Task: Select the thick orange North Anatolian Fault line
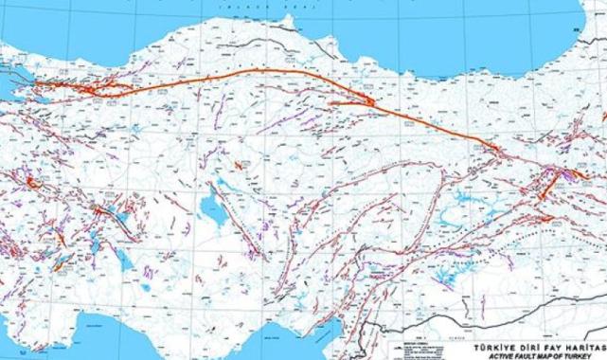coord(237,75)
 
